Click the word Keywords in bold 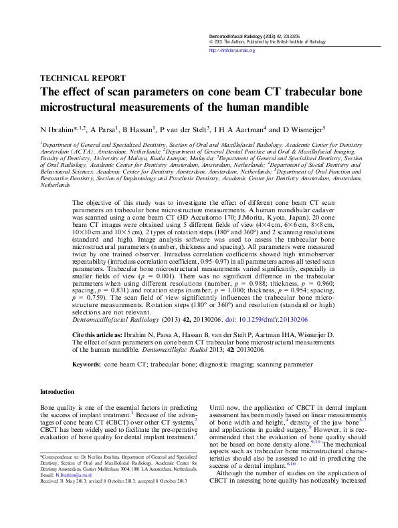(x=86, y=366)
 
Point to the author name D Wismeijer (x=300, y=129)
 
